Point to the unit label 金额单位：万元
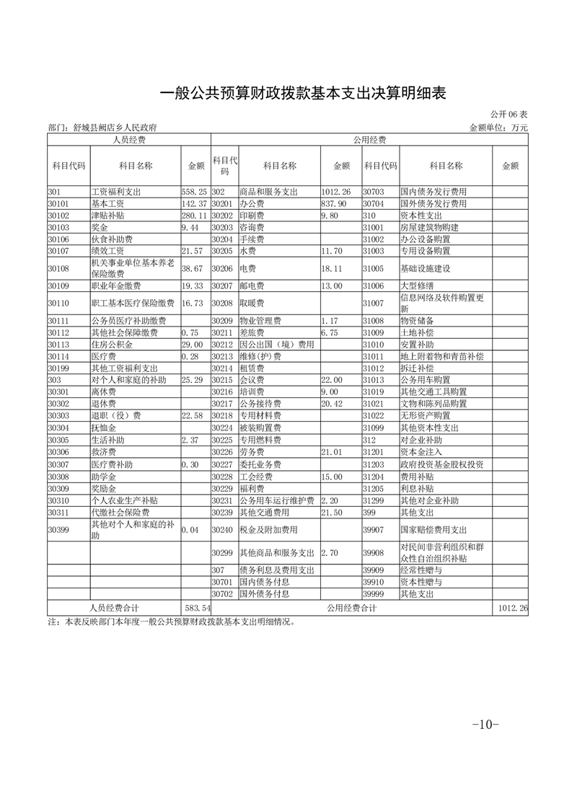[x=498, y=128]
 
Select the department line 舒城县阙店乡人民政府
[x=102, y=128]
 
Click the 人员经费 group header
[x=129, y=139]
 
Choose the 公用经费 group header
[x=369, y=139]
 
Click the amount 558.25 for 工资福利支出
[x=194, y=193]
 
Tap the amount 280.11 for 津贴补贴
[x=194, y=216]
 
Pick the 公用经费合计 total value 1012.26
[x=512, y=609]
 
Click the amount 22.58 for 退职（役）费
[x=194, y=415]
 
